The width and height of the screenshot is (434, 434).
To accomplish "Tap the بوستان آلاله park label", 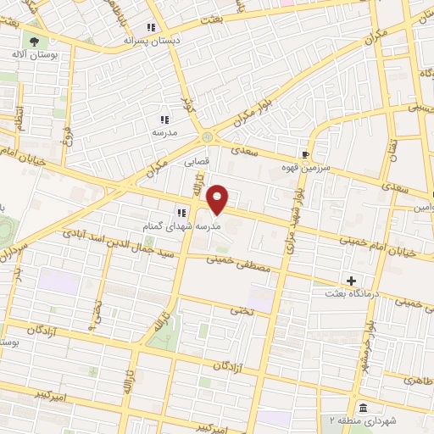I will pos(35,54).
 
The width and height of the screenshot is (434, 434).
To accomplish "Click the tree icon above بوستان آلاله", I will pos(34,40).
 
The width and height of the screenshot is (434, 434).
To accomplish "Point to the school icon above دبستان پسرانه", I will pos(152,25).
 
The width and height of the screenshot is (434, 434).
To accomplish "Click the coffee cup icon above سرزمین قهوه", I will pos(304,155).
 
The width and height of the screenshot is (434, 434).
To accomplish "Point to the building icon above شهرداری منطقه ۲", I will pos(362,406).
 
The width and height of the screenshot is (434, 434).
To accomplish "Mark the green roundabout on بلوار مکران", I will pos(207,136).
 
